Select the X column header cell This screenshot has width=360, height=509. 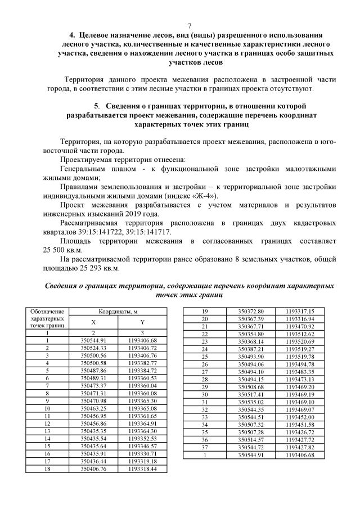pos(93,322)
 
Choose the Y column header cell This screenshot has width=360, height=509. pos(142,322)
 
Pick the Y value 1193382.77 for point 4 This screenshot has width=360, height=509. pos(142,363)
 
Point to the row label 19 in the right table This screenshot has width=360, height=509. pos(205,311)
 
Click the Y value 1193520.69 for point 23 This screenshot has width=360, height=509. pos(300,341)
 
